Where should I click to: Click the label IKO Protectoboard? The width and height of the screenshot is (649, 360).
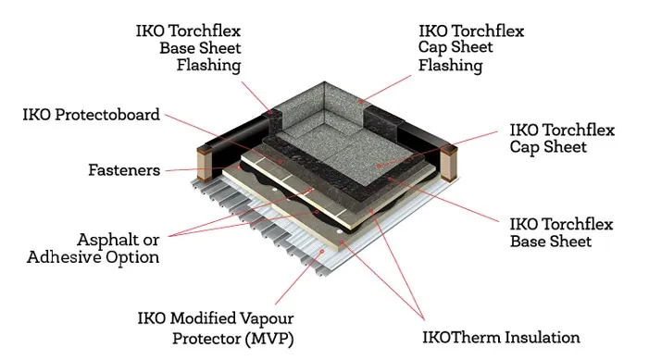(92, 115)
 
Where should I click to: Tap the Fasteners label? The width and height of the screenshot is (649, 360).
(124, 170)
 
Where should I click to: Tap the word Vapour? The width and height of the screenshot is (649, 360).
(296, 314)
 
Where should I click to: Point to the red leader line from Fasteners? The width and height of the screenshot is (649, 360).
(185, 170)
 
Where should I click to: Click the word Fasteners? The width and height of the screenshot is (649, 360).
(124, 170)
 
